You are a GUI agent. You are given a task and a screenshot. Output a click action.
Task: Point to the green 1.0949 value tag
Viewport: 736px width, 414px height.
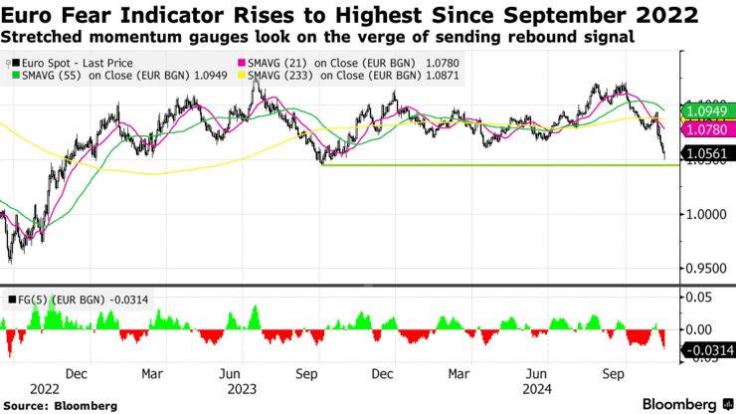tap(709, 109)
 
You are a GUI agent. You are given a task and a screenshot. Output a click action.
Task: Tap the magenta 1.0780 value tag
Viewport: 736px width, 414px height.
tap(709, 129)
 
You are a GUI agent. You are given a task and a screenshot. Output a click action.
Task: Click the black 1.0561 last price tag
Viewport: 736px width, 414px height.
tap(709, 153)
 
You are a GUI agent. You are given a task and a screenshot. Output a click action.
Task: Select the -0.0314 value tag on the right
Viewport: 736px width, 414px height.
tap(709, 349)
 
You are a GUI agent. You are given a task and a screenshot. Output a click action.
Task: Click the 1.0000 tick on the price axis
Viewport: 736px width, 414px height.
tap(707, 214)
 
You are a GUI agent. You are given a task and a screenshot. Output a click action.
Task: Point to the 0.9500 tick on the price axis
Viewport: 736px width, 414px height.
tap(707, 268)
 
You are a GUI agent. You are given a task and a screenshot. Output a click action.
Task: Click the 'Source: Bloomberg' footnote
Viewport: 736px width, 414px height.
tap(59, 405)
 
